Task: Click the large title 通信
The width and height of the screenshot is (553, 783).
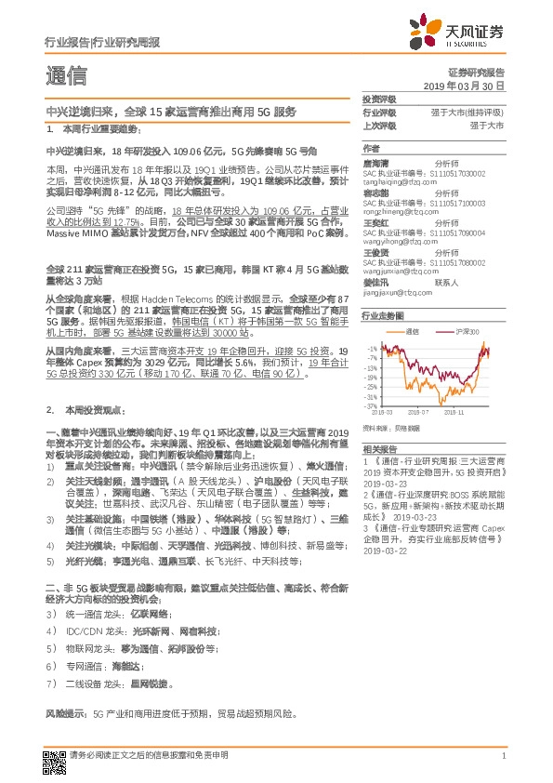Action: click(x=66, y=74)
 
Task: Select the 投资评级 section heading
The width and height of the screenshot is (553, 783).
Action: click(x=379, y=99)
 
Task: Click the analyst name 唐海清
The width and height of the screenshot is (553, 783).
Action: click(x=375, y=162)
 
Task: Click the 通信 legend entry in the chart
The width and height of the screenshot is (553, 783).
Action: click(x=413, y=331)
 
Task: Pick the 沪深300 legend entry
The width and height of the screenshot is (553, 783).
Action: click(x=467, y=331)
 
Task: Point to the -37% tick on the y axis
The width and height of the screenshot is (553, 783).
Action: click(x=371, y=405)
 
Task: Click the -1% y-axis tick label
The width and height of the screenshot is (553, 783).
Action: click(x=372, y=347)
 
